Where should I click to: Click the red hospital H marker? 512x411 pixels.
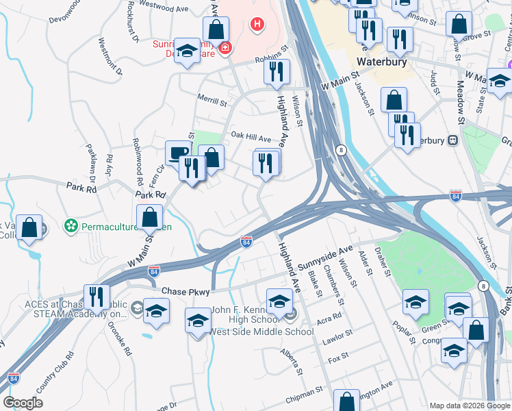point(257,25)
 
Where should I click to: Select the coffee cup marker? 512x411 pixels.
point(178,152)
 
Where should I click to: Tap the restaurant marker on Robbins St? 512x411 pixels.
point(277,71)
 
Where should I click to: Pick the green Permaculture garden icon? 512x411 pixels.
point(70,225)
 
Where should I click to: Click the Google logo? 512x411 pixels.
point(23,402)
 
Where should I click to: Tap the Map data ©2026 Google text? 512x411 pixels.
point(469,405)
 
